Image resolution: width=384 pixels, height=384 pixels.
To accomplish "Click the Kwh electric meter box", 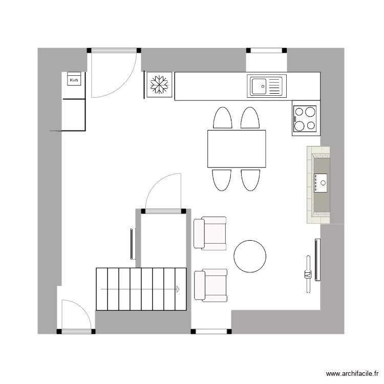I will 74,80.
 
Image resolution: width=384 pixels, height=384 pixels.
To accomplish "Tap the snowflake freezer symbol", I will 159,85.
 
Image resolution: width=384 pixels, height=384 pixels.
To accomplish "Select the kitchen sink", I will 265,86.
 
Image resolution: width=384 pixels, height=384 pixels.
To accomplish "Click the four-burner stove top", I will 305,118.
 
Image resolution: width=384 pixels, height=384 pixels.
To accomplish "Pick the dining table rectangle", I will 237,149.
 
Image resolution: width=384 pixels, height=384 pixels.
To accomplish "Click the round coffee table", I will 250,256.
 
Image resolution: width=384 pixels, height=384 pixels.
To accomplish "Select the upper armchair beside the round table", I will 210,233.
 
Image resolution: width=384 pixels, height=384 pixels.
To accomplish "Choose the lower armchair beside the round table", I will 210,285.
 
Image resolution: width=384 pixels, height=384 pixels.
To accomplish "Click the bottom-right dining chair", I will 251,180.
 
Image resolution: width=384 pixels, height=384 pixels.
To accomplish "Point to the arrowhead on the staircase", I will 178,289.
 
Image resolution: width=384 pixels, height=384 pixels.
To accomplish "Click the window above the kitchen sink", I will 266,51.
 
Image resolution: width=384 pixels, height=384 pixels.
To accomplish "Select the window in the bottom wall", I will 211,331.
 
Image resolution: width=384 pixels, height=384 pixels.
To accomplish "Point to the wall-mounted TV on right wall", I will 317,260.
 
